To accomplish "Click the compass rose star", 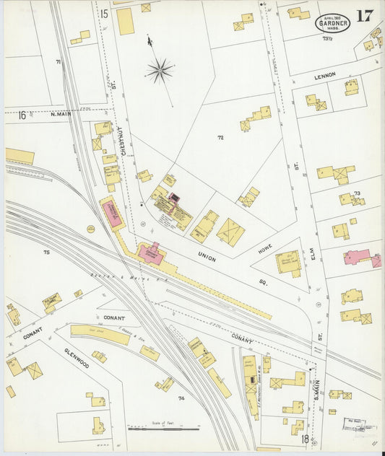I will [x=160, y=70].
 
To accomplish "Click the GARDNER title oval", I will [x=332, y=22].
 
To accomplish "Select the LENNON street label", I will [x=326, y=76].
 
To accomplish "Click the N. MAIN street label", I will [x=63, y=113].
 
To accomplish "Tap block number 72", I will [x=220, y=136].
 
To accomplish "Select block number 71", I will [x=57, y=63].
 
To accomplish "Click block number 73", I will [x=357, y=193].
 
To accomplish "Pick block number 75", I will [x=46, y=252].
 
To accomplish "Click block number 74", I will [x=181, y=398].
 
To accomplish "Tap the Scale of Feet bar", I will [x=163, y=430].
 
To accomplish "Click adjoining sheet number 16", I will [x=22, y=114].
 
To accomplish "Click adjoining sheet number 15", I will [x=104, y=14].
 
